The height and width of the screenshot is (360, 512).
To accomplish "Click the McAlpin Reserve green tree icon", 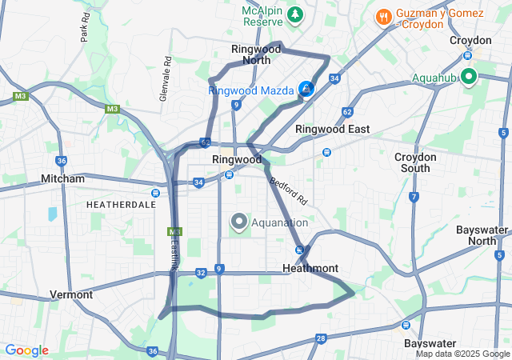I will click(x=295, y=14).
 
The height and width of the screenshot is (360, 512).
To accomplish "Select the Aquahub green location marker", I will click(x=468, y=77).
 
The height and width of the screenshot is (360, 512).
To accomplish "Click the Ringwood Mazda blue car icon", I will click(x=306, y=90).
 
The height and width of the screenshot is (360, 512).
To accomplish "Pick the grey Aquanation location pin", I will click(x=238, y=222).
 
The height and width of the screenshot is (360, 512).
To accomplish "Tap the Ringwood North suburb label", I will click(x=256, y=54).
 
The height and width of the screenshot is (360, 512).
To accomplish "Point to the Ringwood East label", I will click(x=332, y=129).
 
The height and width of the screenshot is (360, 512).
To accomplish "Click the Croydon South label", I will click(x=416, y=162).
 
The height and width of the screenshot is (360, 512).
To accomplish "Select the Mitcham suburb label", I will click(x=62, y=179).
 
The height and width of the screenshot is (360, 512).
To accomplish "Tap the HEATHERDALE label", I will click(x=121, y=205).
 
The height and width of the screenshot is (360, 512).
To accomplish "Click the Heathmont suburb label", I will click(x=310, y=268).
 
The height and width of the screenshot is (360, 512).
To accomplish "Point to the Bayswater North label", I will click(x=482, y=235).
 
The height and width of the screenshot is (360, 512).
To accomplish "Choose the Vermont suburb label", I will click(x=71, y=294).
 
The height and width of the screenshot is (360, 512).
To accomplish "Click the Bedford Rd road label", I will click(x=288, y=190).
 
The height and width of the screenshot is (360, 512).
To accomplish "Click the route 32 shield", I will click(x=201, y=273).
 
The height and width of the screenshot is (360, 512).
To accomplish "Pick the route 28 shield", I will click(x=321, y=339).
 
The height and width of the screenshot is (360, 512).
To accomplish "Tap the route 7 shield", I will click(x=414, y=197).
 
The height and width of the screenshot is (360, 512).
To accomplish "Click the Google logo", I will click(x=26, y=350).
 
